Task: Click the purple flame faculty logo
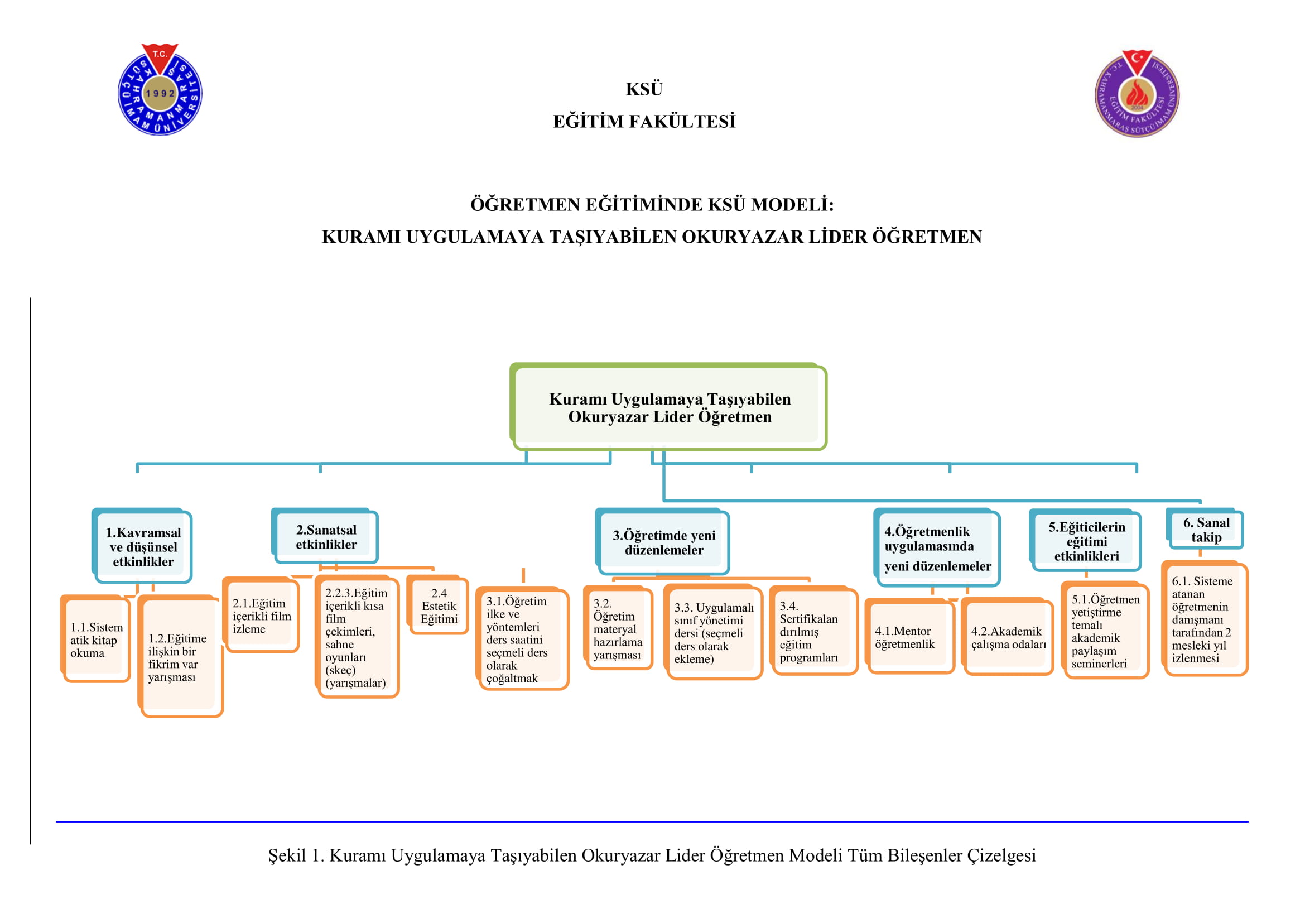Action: [1137, 94]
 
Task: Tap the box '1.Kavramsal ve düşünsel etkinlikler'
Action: [143, 547]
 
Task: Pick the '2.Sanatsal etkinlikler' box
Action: [326, 536]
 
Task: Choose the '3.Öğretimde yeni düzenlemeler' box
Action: [663, 542]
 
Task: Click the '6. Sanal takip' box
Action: [1206, 530]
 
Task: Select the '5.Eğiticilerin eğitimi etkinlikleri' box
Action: [1086, 541]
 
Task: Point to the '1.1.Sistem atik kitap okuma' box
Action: [96, 640]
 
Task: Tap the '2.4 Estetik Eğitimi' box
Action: [438, 606]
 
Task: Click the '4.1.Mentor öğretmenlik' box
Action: [909, 637]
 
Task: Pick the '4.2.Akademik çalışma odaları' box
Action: [1008, 637]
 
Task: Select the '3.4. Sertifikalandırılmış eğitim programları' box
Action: [813, 632]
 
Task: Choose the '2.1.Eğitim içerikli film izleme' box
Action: [262, 616]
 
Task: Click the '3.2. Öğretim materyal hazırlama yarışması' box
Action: [619, 628]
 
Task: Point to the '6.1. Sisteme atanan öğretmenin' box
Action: [1205, 619]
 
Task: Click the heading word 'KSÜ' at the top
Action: [644, 89]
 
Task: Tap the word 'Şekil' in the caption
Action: [287, 855]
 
